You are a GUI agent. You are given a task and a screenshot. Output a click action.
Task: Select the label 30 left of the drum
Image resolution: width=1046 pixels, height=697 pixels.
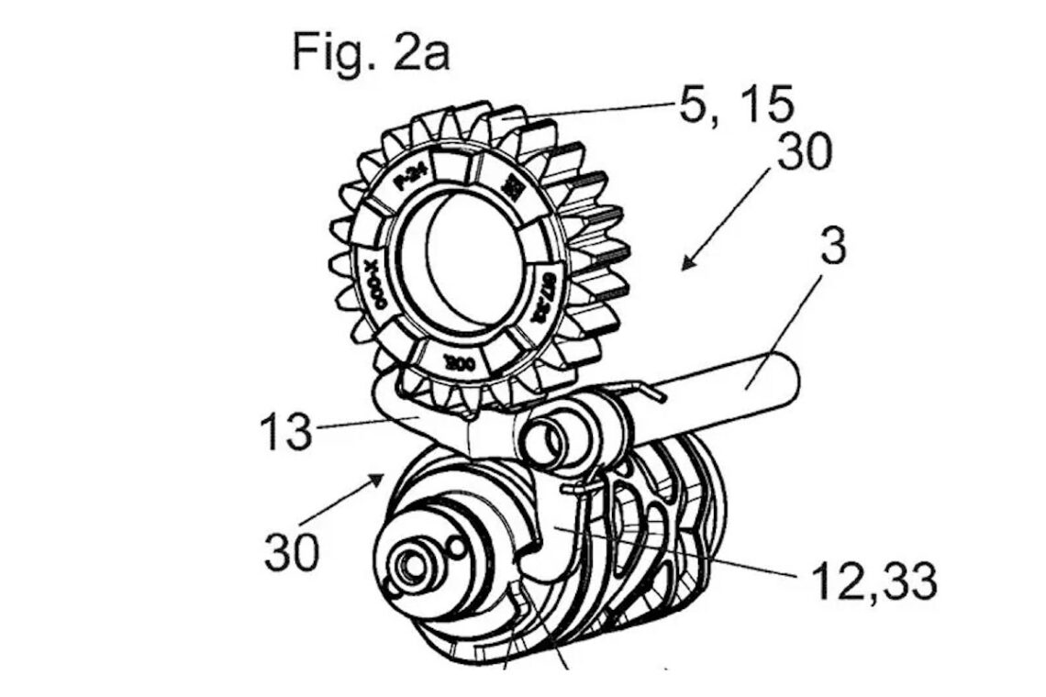(292, 552)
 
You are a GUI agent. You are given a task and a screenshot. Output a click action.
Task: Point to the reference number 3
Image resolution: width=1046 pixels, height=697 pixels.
(832, 248)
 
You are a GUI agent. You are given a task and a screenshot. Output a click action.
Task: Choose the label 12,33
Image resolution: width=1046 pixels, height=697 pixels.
(874, 580)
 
